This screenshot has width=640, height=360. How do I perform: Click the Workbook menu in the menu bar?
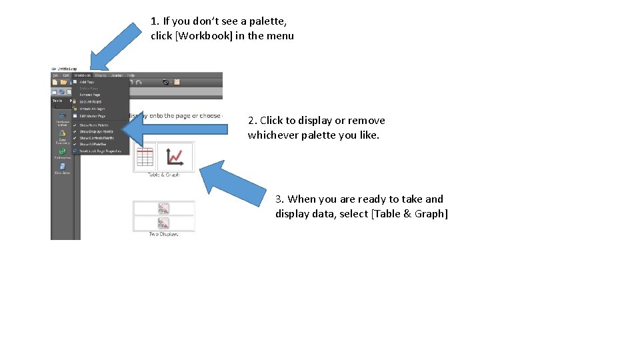click(x=83, y=75)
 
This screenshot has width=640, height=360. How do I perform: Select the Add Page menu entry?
click(x=87, y=82)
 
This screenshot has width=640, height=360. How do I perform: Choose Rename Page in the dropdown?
click(x=90, y=95)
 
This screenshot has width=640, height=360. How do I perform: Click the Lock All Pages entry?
click(x=91, y=101)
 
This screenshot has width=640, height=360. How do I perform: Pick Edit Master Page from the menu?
click(x=92, y=116)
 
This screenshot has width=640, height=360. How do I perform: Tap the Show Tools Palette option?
click(x=93, y=125)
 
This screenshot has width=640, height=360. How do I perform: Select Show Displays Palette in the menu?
click(x=96, y=131)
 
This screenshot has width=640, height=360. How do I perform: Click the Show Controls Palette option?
click(x=97, y=138)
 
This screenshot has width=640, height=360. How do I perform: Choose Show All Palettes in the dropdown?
click(x=94, y=144)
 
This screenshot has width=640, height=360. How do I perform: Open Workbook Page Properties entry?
click(x=100, y=151)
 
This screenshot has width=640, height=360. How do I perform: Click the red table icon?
click(x=145, y=157)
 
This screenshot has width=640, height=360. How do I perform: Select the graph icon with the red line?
click(x=175, y=157)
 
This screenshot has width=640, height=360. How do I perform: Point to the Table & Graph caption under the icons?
click(x=163, y=175)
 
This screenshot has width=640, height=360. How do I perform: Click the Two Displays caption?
click(x=163, y=234)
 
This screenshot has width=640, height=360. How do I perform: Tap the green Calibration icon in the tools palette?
click(x=62, y=151)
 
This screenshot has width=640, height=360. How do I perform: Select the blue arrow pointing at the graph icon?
click(x=233, y=183)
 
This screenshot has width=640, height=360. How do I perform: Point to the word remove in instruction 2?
click(x=366, y=121)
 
